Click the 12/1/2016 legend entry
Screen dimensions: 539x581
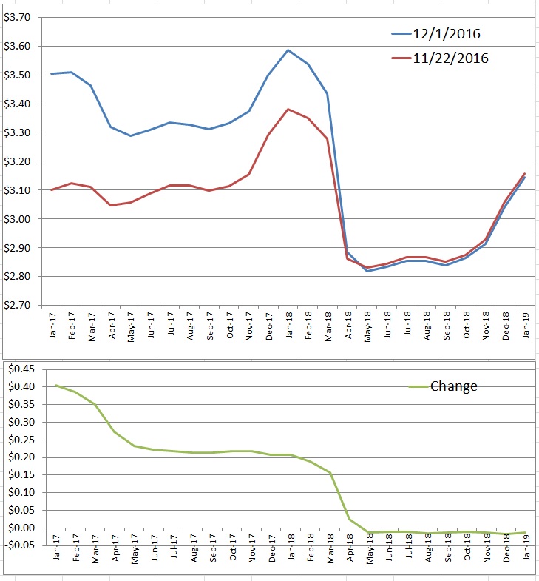tap(435, 34)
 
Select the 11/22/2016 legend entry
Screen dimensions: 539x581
tap(440, 58)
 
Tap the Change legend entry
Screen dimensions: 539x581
tap(443, 386)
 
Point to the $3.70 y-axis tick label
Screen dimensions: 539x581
tap(17, 17)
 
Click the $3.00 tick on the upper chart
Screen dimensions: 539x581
tap(17, 218)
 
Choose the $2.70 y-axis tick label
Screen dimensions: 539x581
tap(17, 305)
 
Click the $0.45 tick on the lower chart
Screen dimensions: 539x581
tap(21, 369)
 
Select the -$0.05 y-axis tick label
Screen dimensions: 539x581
tap(19, 545)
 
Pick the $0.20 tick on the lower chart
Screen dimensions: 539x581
tap(21, 457)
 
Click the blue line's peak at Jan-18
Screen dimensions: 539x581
tap(288, 50)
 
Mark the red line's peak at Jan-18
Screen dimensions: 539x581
tap(288, 110)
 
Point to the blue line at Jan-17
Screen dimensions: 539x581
tap(52, 74)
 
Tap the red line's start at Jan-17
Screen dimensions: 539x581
tap(52, 189)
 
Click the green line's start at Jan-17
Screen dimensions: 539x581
tap(56, 386)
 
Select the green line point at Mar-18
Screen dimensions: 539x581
tap(330, 473)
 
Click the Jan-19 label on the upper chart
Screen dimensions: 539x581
tap(525, 325)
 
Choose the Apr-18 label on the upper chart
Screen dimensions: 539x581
tap(348, 325)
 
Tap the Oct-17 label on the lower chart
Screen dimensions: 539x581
tap(233, 547)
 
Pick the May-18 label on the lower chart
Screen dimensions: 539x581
tap(370, 548)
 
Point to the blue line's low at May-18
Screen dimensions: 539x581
tap(367, 271)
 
